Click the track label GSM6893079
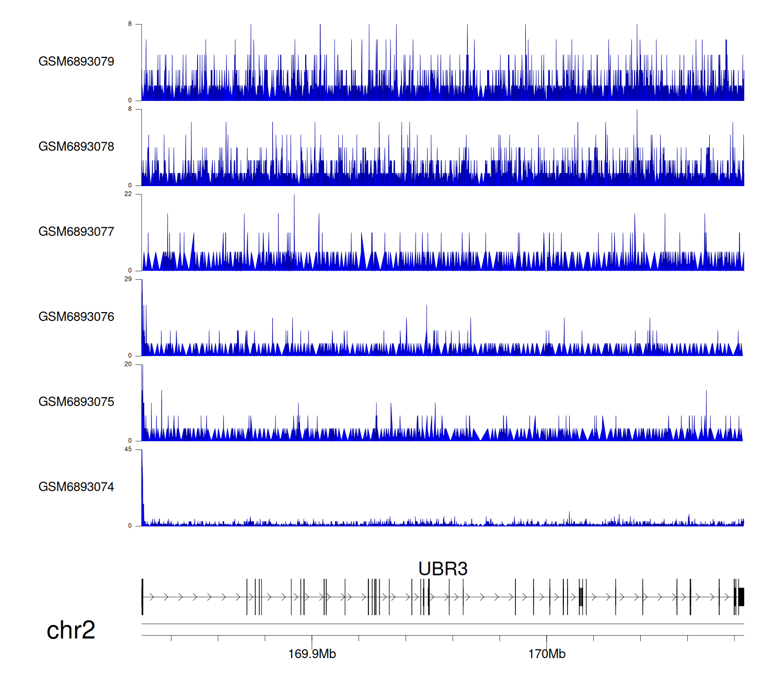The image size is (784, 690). click(76, 62)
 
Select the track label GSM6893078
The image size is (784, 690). click(76, 147)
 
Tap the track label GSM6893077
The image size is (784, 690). click(76, 232)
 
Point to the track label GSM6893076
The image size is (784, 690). click(76, 317)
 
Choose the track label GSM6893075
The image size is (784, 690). click(76, 402)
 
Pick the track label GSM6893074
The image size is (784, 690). click(76, 487)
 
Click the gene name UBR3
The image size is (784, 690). click(443, 569)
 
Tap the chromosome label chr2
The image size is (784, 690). click(71, 630)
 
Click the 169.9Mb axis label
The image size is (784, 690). click(312, 654)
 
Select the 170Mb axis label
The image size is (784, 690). click(547, 654)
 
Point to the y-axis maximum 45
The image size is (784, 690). click(128, 450)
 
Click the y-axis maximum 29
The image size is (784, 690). click(128, 279)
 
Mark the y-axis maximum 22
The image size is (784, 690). click(128, 194)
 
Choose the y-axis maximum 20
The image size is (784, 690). click(128, 364)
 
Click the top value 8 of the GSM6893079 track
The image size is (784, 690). click(130, 24)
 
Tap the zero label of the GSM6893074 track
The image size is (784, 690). click(130, 526)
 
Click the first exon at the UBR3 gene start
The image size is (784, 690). click(142, 596)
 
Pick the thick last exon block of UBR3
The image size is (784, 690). click(741, 596)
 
